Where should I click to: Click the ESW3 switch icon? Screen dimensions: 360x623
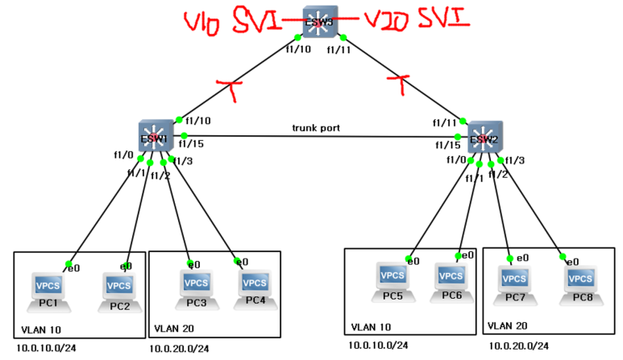319,22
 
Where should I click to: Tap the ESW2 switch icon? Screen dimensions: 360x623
484,138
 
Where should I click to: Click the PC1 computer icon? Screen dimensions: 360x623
47,288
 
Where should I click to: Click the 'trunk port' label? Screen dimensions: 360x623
316,128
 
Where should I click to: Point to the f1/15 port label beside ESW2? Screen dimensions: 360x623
447,145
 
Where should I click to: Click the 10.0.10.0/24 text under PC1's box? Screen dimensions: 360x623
47,349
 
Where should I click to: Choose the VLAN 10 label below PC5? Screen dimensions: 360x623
372,328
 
